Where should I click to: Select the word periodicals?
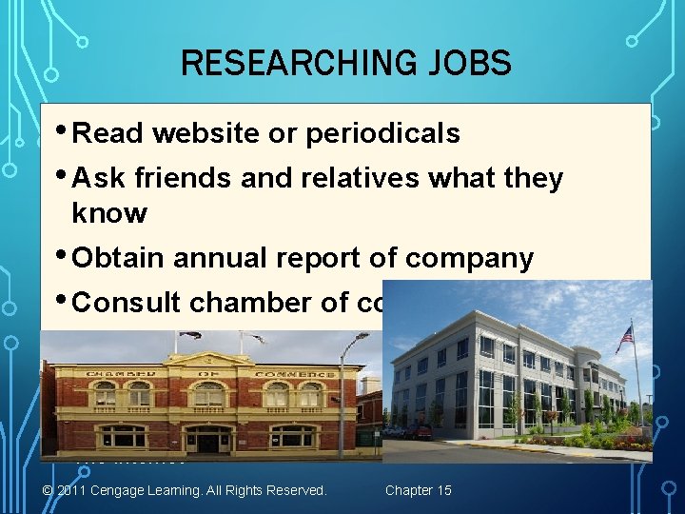pyautogui.click(x=382, y=134)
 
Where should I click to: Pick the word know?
pyautogui.click(x=108, y=213)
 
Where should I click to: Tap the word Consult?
pyautogui.click(x=127, y=303)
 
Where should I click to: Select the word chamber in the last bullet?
pyautogui.click(x=250, y=303)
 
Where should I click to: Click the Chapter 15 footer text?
pyautogui.click(x=419, y=490)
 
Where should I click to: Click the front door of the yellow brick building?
pyautogui.click(x=208, y=441)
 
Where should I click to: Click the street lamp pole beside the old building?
pyautogui.click(x=341, y=400)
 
